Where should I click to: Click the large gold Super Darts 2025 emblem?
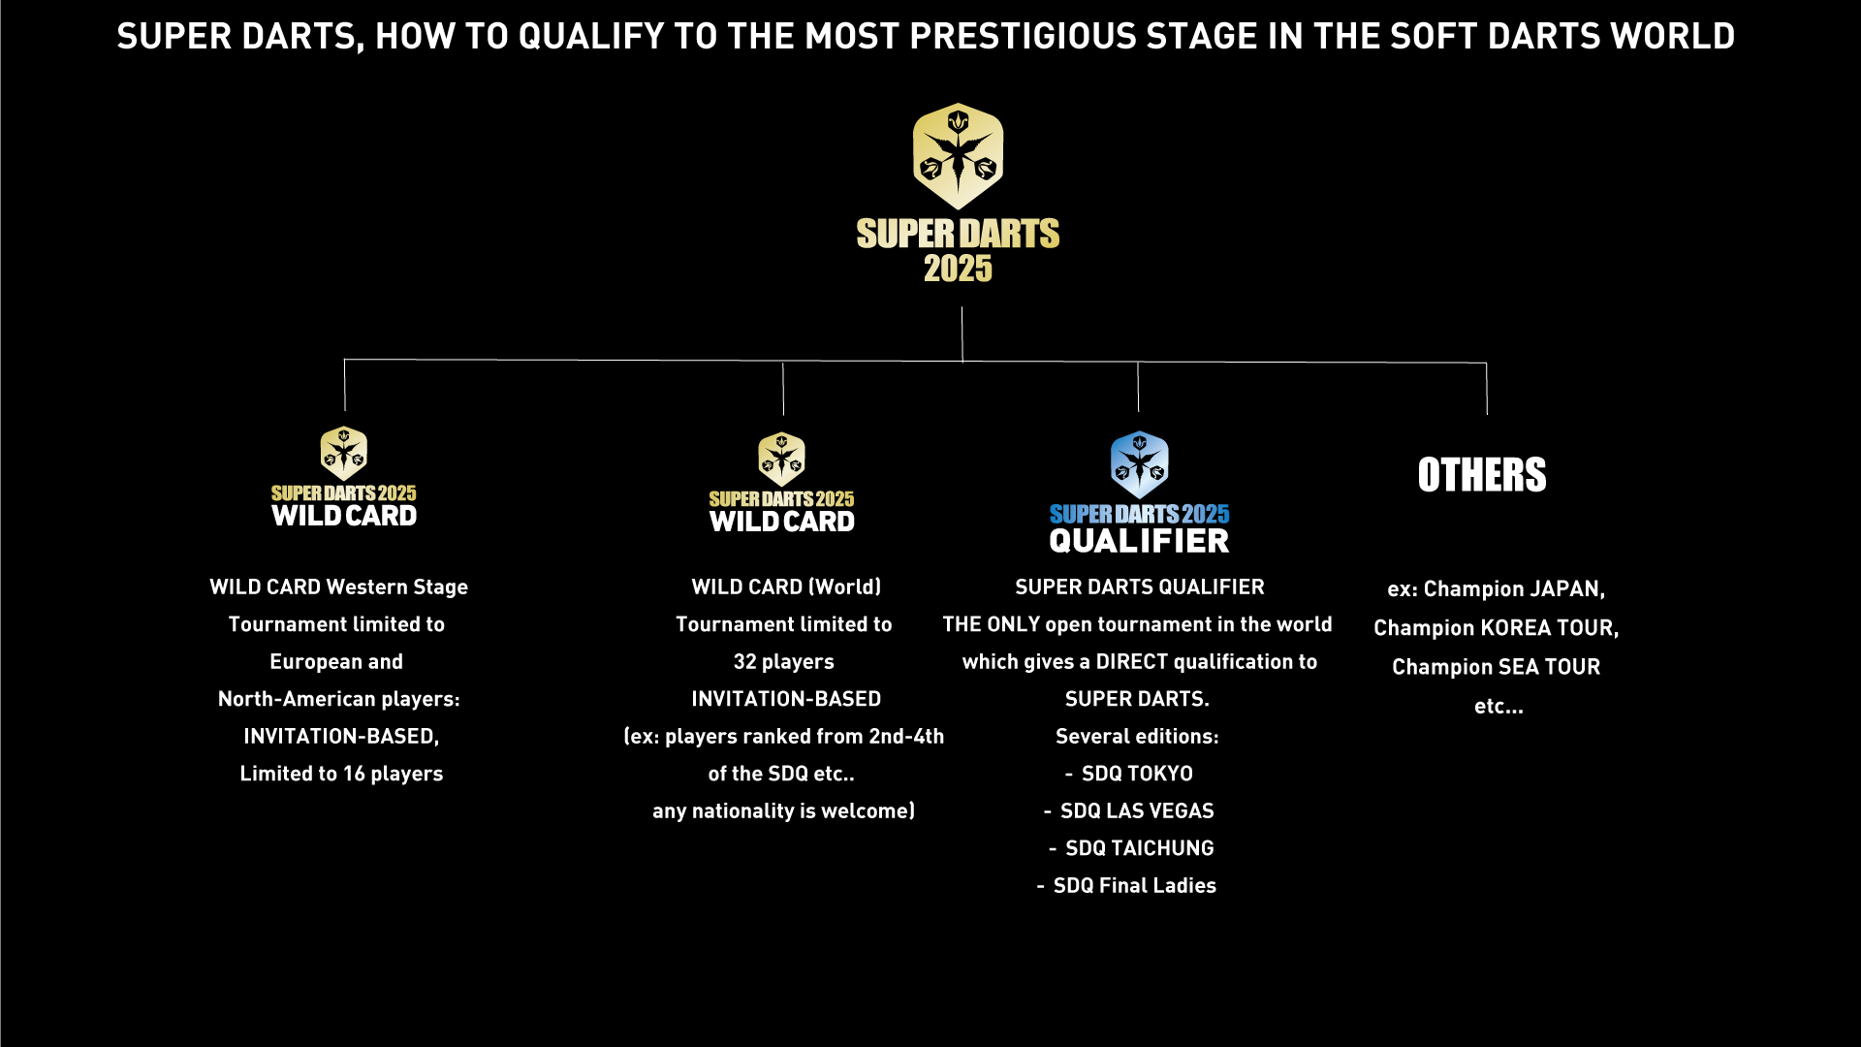tap(958, 156)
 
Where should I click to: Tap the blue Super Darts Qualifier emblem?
tap(1139, 464)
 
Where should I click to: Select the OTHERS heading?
tap(1482, 475)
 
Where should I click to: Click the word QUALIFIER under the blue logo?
tap(1139, 541)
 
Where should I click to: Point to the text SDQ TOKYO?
tap(1137, 774)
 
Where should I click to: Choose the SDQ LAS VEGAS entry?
tap(1137, 810)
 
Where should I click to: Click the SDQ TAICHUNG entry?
tap(1140, 848)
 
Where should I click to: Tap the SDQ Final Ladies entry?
tap(1134, 885)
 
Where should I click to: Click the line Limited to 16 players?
tap(341, 774)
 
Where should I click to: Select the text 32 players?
tap(783, 662)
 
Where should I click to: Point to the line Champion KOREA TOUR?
tap(1496, 628)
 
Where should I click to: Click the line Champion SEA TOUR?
tap(1496, 667)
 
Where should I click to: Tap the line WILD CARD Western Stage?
tap(338, 587)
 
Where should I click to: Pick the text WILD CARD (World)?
tap(786, 587)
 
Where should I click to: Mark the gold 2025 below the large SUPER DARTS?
tap(958, 269)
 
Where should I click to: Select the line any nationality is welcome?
tap(783, 811)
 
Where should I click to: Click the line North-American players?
tap(338, 699)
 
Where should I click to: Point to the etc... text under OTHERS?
tap(1498, 707)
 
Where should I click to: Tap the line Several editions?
tap(1137, 737)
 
